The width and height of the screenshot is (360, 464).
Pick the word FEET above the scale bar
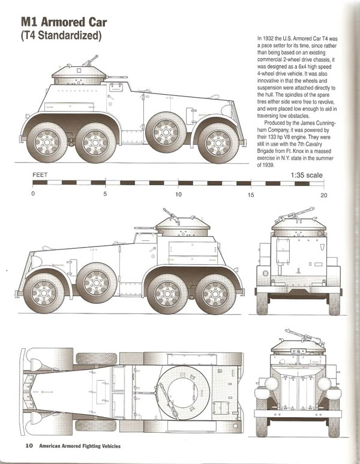point(41,176)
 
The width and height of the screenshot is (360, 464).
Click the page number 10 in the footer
point(28,445)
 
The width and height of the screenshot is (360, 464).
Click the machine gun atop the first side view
point(92,59)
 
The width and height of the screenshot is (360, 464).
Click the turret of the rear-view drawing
point(292,224)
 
